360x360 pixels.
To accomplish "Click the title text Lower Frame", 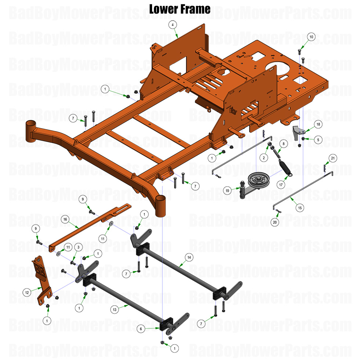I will [x=180, y=9].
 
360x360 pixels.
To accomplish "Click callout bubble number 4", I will [x=173, y=25].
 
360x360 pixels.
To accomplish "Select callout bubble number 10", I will [x=311, y=37].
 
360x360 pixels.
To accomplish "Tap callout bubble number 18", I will [x=318, y=125].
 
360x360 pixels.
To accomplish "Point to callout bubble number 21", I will [x=333, y=158].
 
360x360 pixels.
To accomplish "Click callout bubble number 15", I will [x=300, y=208].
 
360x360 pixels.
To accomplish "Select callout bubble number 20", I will [x=275, y=222].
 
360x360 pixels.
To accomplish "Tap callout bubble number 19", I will [x=228, y=190].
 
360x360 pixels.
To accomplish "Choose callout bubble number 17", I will [x=281, y=185].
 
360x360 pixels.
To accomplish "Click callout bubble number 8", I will [x=283, y=143].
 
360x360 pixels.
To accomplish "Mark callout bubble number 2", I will [x=263, y=158].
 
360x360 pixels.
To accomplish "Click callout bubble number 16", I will [x=65, y=219].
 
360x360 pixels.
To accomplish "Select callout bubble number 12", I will [x=26, y=292].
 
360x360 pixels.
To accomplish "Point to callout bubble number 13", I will [x=115, y=310].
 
